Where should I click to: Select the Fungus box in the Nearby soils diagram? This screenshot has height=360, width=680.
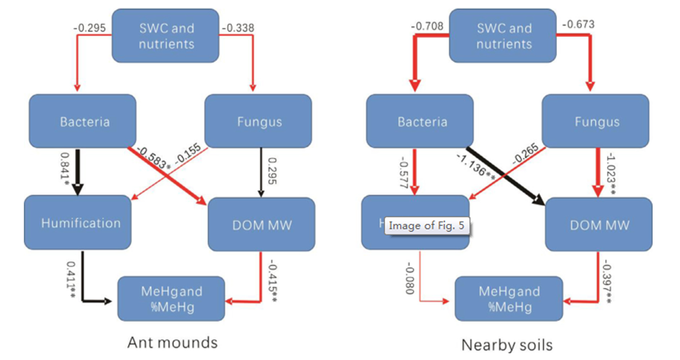point(595,122)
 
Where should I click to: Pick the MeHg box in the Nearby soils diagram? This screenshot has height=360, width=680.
point(508,298)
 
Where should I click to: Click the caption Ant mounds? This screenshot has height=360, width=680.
point(172,343)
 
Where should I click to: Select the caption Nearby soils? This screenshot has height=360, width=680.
point(507,346)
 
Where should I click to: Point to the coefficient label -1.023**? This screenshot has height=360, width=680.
point(609,170)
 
